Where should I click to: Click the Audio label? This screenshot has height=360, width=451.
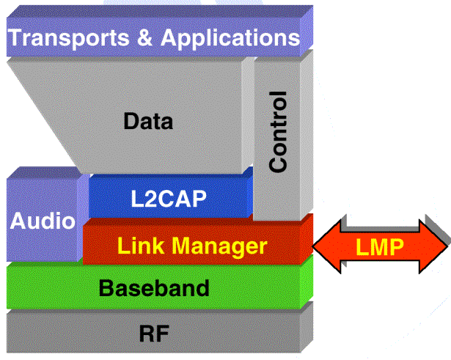42,221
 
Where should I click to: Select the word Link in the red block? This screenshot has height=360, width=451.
139,246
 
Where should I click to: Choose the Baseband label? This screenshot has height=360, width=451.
154,287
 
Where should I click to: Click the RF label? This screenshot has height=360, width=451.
154,334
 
